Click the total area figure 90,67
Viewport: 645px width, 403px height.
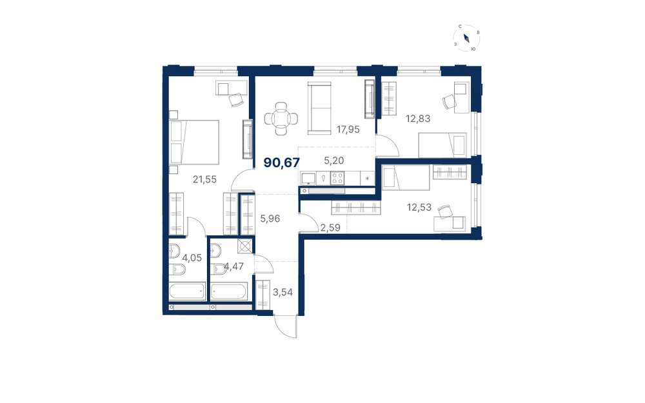pyautogui.click(x=282, y=163)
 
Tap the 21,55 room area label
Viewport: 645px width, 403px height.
pyautogui.click(x=205, y=179)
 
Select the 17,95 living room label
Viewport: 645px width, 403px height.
pyautogui.click(x=348, y=130)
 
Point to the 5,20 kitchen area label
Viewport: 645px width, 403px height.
pyautogui.click(x=334, y=161)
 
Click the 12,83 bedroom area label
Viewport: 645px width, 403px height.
pyautogui.click(x=418, y=119)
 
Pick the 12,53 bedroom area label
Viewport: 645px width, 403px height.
pyautogui.click(x=419, y=207)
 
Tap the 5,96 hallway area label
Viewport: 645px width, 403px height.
pyautogui.click(x=270, y=219)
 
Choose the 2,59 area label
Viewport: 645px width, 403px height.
pyautogui.click(x=330, y=228)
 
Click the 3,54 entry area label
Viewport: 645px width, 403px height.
pyautogui.click(x=283, y=292)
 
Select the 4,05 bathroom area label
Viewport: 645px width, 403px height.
pyautogui.click(x=192, y=258)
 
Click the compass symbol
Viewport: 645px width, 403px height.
pyautogui.click(x=467, y=39)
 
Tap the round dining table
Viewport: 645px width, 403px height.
pyautogui.click(x=281, y=119)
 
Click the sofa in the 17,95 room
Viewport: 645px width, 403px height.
pyautogui.click(x=319, y=108)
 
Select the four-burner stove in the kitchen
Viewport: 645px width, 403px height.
pyautogui.click(x=337, y=178)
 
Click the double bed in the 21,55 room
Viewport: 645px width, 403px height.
pyautogui.click(x=193, y=142)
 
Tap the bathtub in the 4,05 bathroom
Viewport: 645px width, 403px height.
pyautogui.click(x=188, y=291)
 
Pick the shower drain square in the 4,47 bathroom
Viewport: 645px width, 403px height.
pyautogui.click(x=244, y=246)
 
